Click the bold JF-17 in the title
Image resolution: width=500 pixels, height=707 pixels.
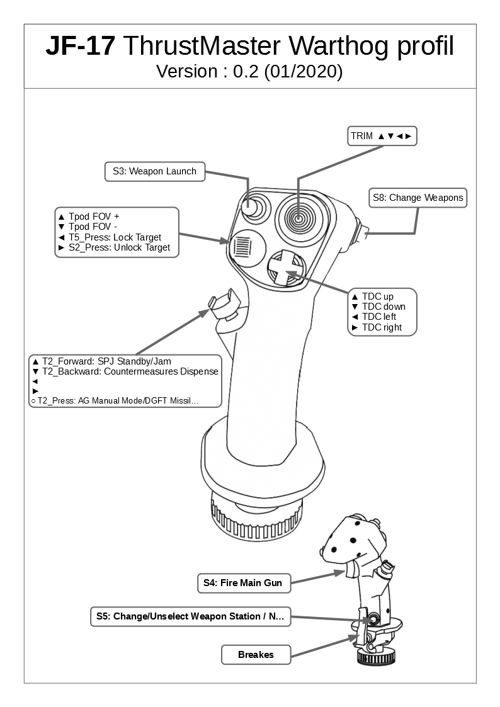coord(80,47)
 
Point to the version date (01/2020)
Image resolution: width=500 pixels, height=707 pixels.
coord(304,72)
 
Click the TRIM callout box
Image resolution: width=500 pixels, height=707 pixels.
coord(382,136)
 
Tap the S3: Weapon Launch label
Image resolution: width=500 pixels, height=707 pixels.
coord(154,171)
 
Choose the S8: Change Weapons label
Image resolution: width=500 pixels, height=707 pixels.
coord(418,198)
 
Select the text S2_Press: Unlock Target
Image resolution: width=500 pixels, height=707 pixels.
coord(119,247)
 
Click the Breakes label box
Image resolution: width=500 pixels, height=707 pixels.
coord(256,655)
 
